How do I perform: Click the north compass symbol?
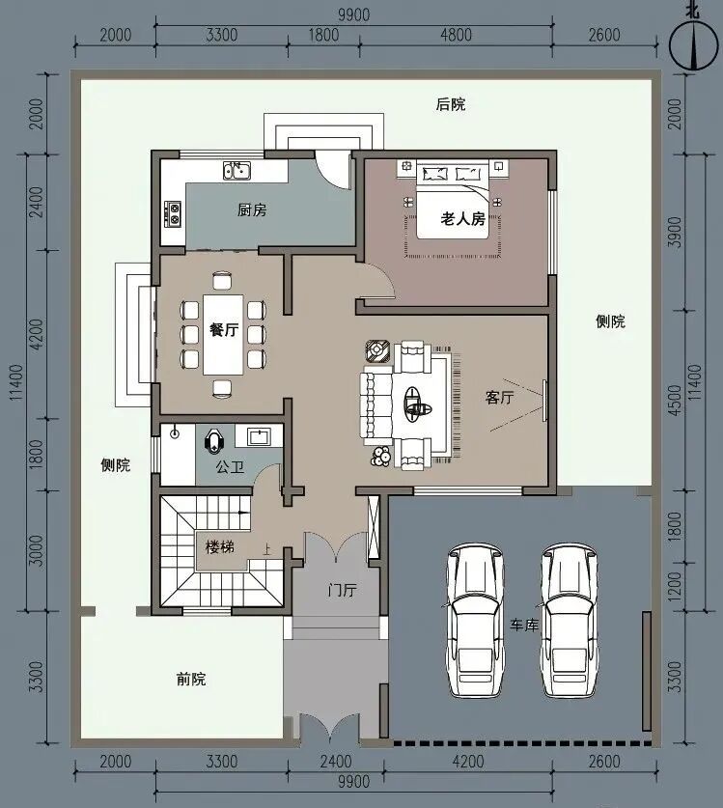[694, 42]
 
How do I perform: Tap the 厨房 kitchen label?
[252, 210]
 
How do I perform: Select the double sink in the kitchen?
[236, 170]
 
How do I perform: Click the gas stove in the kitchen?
[173, 214]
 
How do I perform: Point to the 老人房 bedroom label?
[462, 218]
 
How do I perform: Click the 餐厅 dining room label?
[224, 330]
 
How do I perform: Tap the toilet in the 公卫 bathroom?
[214, 441]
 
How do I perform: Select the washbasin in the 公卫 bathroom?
[257, 437]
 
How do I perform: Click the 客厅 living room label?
[499, 398]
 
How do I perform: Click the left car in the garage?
[474, 620]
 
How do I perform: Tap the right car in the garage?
[570, 620]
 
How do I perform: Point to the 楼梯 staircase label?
[220, 546]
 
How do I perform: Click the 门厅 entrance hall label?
[341, 589]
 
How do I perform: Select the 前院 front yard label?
[191, 679]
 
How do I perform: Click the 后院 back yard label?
[451, 104]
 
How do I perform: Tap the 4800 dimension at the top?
[456, 35]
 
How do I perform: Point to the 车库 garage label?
[524, 626]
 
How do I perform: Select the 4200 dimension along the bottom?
[468, 761]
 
